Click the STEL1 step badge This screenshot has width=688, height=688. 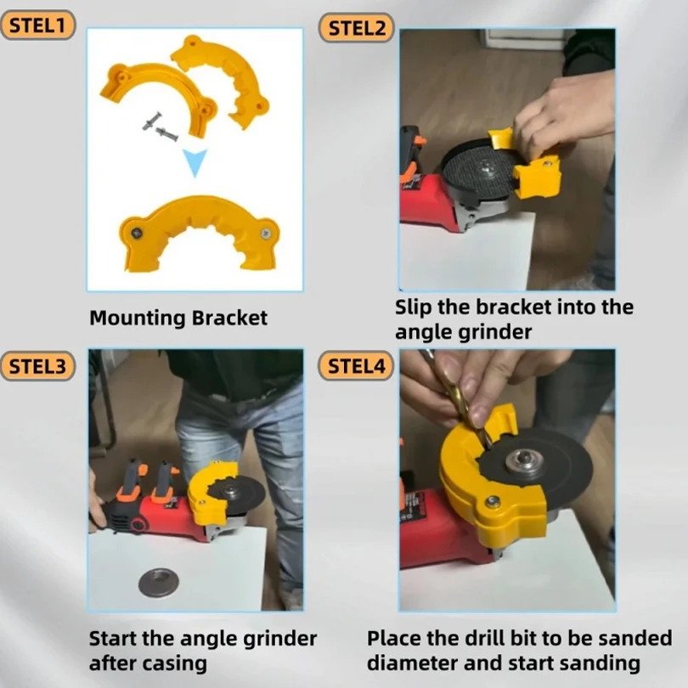tap(37, 25)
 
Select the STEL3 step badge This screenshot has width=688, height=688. tap(37, 367)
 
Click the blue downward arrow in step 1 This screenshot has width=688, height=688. tap(196, 162)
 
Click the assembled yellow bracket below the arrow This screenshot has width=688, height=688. tap(197, 232)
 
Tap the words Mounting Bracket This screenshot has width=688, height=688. tap(178, 319)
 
